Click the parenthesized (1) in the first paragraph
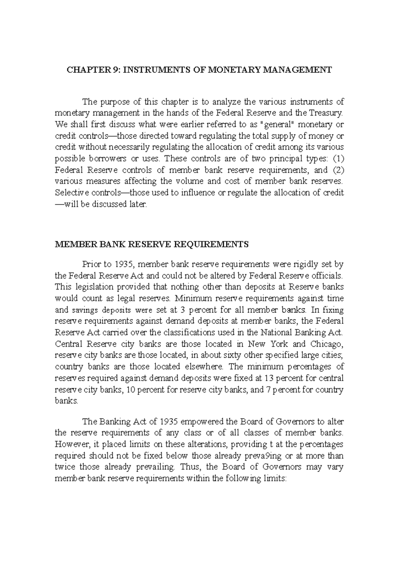338,158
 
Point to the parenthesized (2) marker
338,170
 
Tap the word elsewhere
199,366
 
